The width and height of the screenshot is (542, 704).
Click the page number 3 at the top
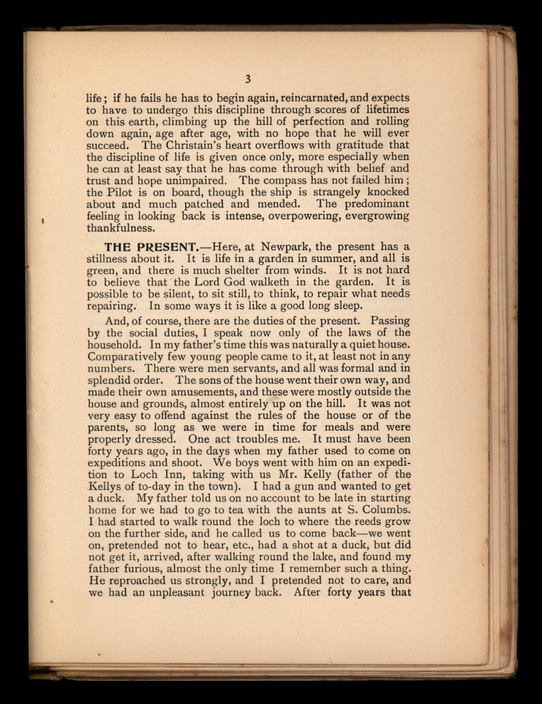point(248,79)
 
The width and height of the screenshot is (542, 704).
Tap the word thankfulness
point(121,228)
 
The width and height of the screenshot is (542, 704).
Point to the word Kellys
point(105,486)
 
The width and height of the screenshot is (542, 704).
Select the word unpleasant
point(177,593)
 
